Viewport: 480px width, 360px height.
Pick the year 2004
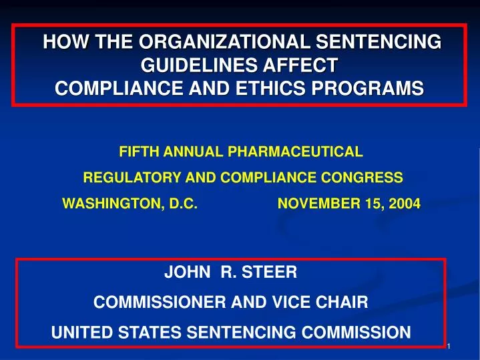(x=407, y=204)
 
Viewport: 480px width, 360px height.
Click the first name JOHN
(x=183, y=273)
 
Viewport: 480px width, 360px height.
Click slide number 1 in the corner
(x=449, y=346)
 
